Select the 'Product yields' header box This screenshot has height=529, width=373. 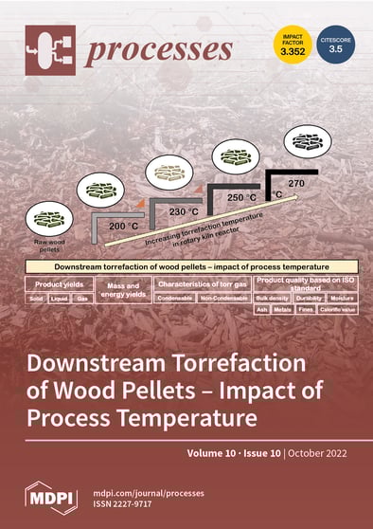62,283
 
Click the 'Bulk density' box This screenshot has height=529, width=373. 273,298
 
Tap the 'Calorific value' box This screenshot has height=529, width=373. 337,309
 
